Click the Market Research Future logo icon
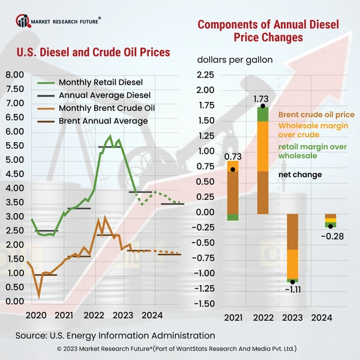click(23, 22)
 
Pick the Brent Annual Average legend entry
click(103, 121)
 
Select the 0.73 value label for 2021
click(232, 157)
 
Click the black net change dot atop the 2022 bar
click(263, 106)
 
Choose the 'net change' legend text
click(301, 175)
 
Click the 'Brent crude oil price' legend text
click(316, 114)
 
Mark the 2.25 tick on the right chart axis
click(206, 75)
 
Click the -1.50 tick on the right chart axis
click(205, 304)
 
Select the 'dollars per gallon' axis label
click(235, 60)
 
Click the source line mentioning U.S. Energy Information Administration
click(115, 335)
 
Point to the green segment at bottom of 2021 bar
click(233, 217)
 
